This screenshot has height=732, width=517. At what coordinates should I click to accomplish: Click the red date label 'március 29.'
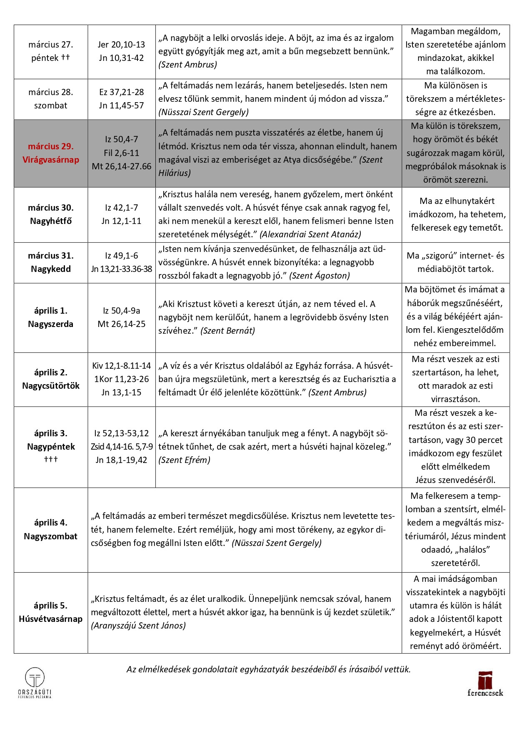click(50, 146)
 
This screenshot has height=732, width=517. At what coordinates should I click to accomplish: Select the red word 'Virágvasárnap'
click(50, 160)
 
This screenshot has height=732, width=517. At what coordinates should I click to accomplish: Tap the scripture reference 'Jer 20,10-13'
click(121, 45)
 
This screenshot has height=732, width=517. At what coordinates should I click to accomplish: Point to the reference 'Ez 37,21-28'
click(121, 92)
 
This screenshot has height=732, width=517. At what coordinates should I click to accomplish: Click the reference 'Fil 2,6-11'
click(121, 153)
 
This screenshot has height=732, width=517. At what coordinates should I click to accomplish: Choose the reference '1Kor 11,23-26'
click(121, 379)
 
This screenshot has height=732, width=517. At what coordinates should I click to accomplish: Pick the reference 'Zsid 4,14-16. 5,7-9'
click(122, 447)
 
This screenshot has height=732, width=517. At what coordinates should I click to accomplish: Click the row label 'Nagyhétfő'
click(50, 221)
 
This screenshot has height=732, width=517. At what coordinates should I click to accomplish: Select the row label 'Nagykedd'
click(50, 269)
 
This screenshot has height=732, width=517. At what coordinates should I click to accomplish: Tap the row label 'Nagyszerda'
click(50, 324)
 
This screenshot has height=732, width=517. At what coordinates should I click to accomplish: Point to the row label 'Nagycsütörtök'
click(50, 386)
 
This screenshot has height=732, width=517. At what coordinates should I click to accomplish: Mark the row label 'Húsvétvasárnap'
click(50, 619)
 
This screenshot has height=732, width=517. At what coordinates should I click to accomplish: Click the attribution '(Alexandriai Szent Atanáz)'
click(310, 234)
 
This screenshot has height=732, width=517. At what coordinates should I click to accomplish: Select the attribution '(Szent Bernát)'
click(227, 331)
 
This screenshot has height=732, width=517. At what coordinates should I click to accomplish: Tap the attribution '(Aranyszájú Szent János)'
click(138, 626)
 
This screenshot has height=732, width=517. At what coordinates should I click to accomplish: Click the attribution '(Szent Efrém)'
click(184, 460)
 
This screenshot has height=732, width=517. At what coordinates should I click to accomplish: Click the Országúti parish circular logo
click(35, 678)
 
